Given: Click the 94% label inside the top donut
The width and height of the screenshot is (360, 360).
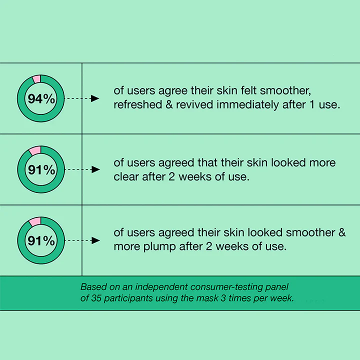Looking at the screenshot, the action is tap(41, 98).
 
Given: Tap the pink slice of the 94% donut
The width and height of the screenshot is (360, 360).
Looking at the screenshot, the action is tap(36, 79).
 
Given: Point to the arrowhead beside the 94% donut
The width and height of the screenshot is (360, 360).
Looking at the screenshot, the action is tap(95, 98).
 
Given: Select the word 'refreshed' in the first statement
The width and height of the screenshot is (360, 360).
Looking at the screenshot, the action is tap(138, 104).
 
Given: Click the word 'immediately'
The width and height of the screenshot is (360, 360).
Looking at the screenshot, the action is tap(247, 105).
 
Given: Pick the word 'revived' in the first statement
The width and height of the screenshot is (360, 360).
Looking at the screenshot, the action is tap(194, 104).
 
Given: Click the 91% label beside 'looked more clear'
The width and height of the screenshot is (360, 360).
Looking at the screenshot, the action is tap(41, 170).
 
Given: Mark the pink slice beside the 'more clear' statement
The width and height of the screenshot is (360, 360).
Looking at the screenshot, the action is tap(35, 150).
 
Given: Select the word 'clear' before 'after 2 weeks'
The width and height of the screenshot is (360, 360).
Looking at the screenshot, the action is tap(126, 177).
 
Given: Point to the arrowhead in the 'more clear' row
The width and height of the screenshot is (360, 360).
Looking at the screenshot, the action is tap(95, 169).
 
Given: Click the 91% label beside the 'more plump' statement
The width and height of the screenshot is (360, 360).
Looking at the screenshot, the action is tap(41, 241).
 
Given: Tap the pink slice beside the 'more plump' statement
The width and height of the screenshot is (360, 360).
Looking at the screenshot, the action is tap(35, 221).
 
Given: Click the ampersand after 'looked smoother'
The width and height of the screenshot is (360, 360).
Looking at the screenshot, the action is tap(342, 232).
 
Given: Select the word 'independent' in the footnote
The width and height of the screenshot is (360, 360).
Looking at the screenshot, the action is tap(161, 287).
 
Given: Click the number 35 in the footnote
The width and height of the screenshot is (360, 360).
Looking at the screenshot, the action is tap(96, 298).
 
